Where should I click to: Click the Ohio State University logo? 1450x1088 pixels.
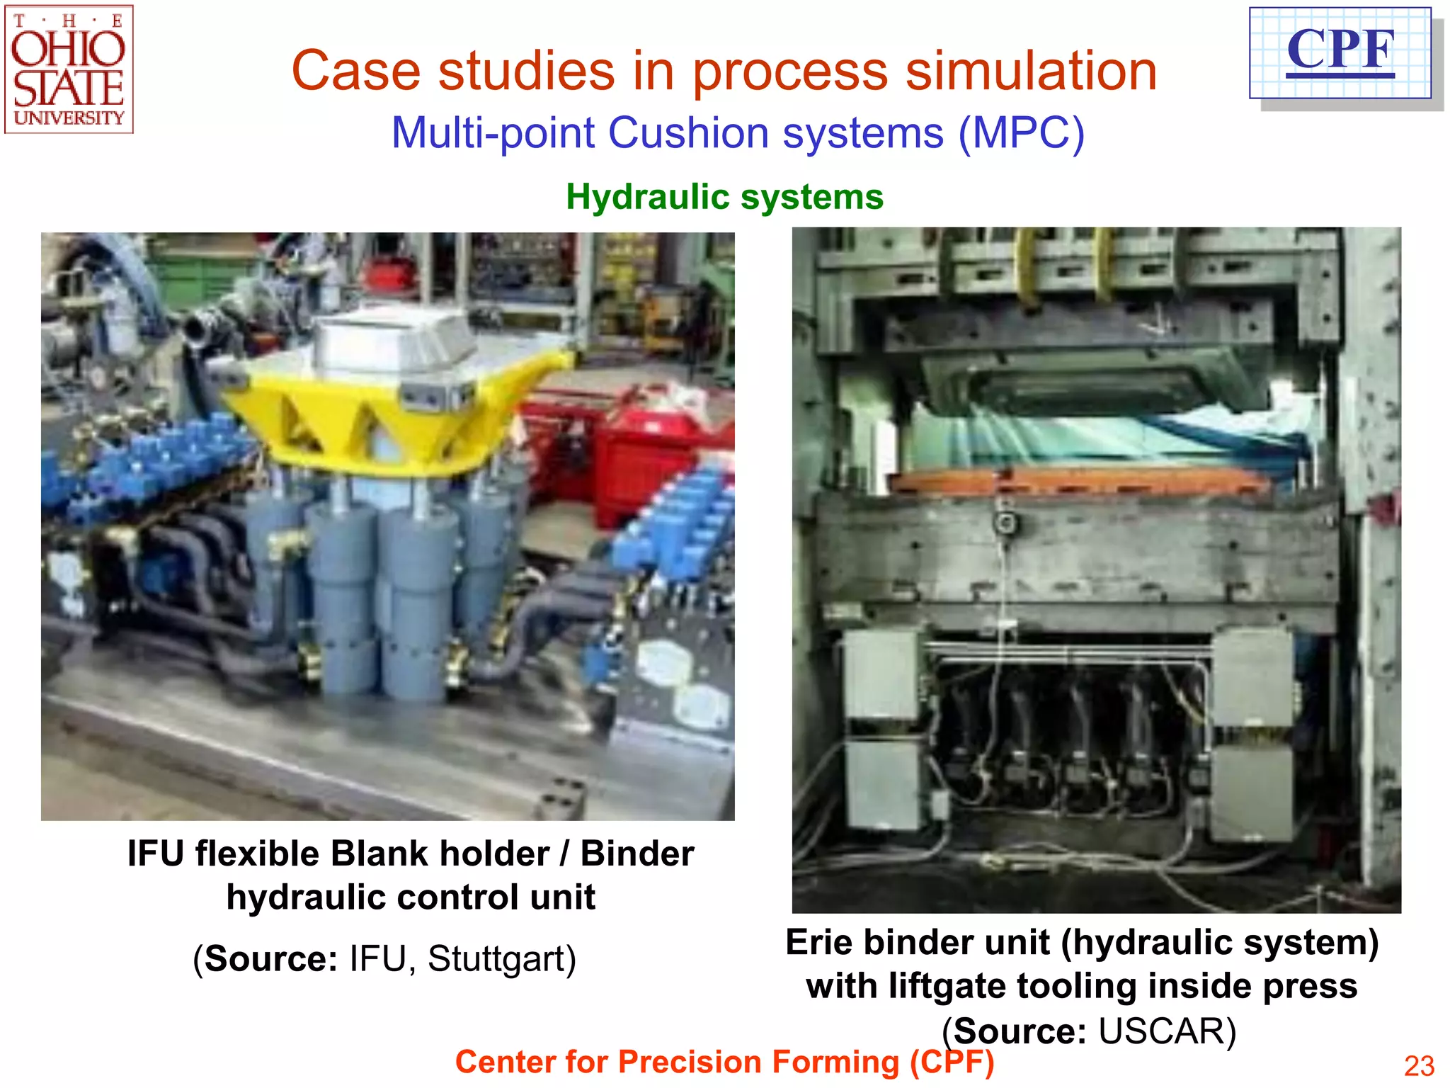69,70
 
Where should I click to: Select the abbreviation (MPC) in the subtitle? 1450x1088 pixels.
1021,133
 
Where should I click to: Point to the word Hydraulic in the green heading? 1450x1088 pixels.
638,197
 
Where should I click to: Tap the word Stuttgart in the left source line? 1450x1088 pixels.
501,959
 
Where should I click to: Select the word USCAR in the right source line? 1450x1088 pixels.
1166,1031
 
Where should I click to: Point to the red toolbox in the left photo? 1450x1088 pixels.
637,453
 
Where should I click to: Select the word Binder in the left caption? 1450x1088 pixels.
637,854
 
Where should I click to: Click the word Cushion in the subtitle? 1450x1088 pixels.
688,133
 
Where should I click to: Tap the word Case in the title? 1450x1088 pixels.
356,72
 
